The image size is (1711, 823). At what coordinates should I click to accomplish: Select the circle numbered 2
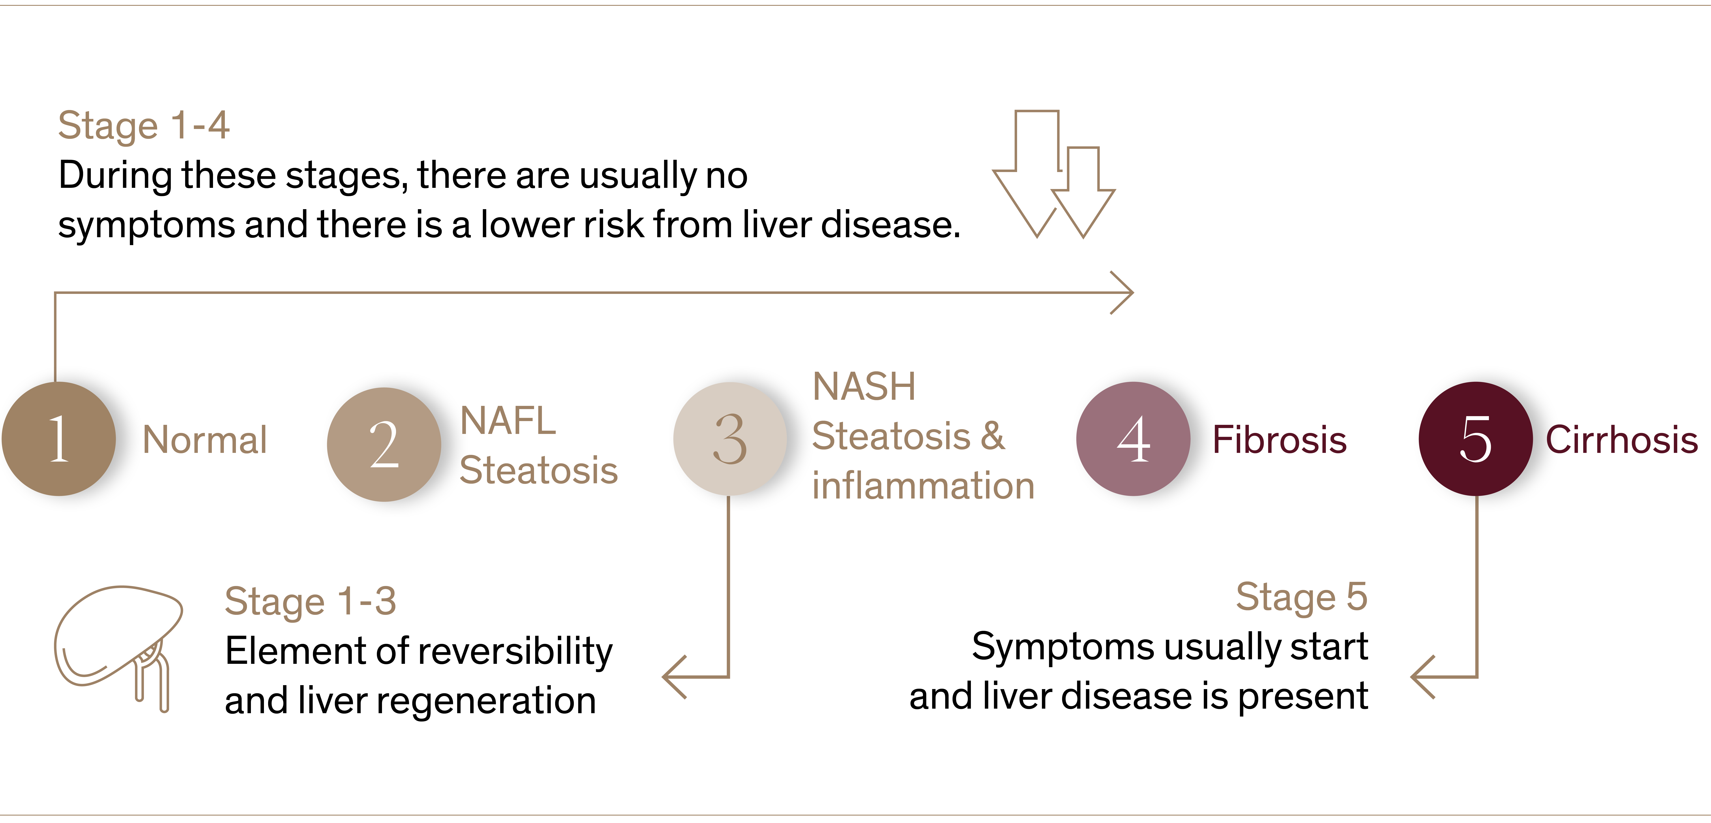point(384,444)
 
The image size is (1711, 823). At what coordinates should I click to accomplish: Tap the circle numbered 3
point(730,438)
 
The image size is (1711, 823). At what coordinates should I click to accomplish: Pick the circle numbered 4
point(1133,438)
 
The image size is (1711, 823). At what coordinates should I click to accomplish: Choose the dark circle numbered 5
point(1475,438)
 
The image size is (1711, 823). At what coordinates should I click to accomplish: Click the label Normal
point(205,440)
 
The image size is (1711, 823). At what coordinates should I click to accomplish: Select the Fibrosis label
point(1280,440)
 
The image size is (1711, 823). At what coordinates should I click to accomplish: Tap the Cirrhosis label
point(1622,440)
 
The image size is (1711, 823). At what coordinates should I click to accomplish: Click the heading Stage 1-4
point(144,126)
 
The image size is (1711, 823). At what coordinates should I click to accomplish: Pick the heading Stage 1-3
point(310,601)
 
